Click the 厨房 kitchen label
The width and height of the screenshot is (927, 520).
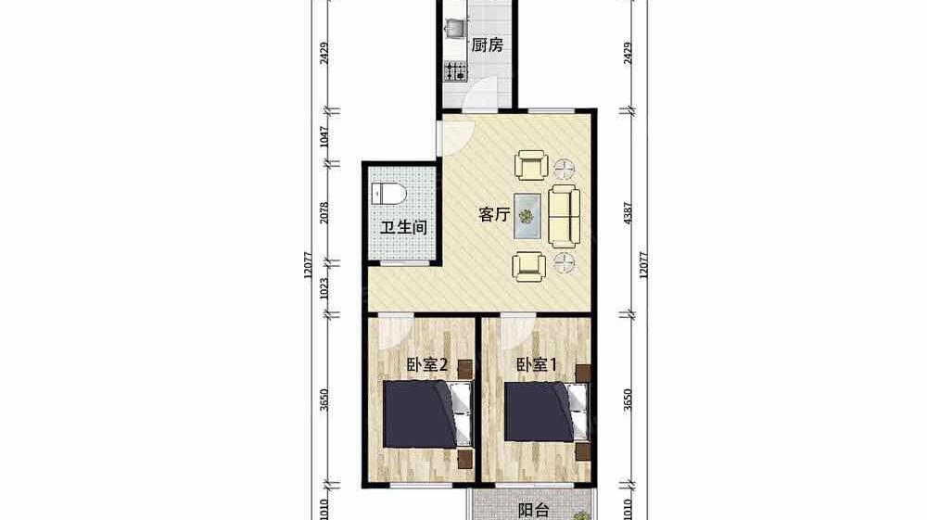[488, 44]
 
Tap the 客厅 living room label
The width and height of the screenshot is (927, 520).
[494, 214]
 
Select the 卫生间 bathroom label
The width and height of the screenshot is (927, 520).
[404, 227]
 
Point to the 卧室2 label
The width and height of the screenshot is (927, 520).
[427, 364]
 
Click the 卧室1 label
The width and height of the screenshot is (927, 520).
[537, 364]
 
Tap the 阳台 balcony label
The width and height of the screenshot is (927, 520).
[534, 510]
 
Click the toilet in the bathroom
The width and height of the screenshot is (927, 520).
[389, 193]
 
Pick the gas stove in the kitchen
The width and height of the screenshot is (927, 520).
[456, 71]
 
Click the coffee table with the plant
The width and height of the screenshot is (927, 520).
[527, 216]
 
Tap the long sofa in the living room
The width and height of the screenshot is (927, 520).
[564, 216]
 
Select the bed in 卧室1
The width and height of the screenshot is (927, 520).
[547, 412]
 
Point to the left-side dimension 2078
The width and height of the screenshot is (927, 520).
[324, 213]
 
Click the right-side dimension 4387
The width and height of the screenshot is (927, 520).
[628, 213]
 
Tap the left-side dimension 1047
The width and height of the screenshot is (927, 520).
[324, 137]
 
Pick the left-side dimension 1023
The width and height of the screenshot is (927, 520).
[324, 287]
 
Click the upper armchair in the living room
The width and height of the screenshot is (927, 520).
[531, 165]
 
